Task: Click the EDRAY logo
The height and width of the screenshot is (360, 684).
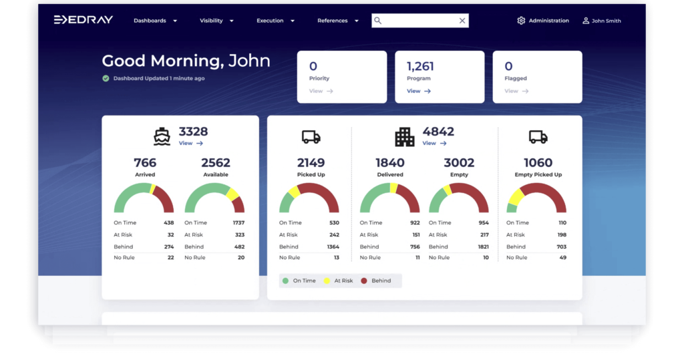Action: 83,20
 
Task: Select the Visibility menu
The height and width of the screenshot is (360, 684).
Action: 216,21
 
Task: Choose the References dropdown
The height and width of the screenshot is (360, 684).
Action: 337,21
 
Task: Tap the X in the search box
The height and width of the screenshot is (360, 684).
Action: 462,21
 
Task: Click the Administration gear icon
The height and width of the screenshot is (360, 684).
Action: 521,21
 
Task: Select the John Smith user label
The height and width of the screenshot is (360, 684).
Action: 606,21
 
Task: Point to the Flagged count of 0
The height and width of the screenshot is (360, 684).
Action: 508,66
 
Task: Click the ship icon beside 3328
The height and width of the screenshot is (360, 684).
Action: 162,137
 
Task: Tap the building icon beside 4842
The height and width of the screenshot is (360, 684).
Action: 404,137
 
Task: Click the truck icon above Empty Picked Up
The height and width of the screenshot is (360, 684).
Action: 538,137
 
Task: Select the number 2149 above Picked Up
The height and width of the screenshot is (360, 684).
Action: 311,163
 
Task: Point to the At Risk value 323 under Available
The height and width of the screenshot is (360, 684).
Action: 239,234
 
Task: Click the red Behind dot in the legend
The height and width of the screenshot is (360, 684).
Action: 364,281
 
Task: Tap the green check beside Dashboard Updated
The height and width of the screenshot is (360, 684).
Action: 106,78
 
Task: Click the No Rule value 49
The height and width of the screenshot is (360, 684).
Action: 562,257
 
